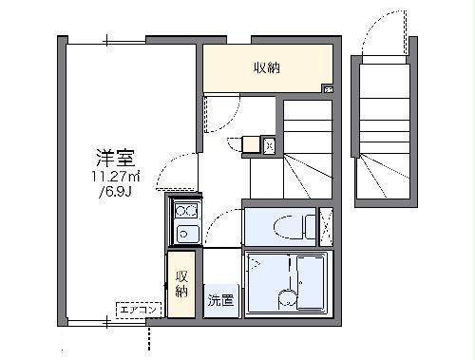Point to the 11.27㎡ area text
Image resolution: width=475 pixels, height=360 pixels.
pos(116,177)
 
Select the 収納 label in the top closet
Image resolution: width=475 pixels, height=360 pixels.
pos(267,67)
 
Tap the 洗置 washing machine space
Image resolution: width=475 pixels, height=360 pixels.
pos(219,300)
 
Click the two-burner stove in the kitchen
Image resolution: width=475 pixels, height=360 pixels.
pos(184,211)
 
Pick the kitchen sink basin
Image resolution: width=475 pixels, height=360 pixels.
pos(184,233)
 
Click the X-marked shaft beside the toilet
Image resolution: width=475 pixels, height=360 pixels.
pos(326,226)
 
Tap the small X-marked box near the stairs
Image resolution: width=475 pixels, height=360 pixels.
pos(269,145)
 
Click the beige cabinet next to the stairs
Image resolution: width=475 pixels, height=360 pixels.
pos(252,145)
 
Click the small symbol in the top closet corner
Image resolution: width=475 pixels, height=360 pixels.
pos(328,89)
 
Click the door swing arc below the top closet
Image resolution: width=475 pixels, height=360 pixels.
pos(219,114)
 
